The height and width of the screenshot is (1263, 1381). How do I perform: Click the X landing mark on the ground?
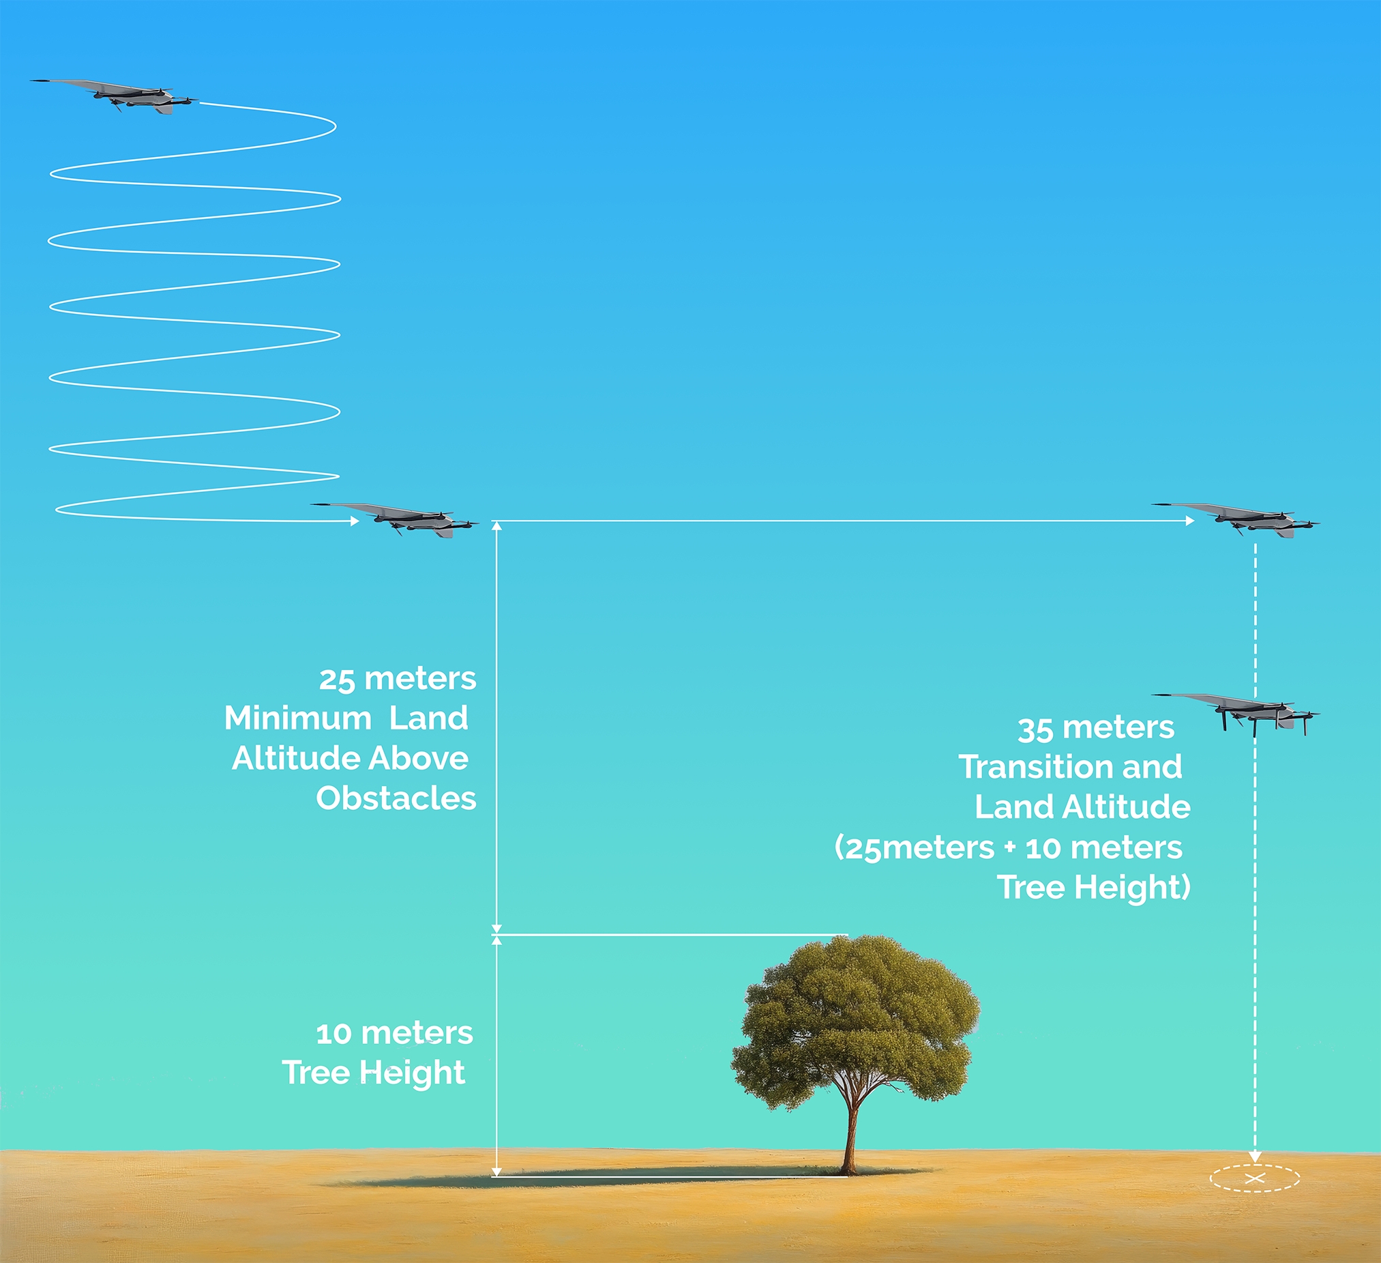click(x=1254, y=1178)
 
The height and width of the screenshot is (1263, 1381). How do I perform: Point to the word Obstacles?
click(x=396, y=798)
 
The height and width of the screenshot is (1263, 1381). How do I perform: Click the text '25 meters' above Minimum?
click(x=398, y=679)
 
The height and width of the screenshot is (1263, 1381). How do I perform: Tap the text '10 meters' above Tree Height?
click(x=394, y=1034)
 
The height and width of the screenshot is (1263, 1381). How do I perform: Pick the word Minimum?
click(x=298, y=718)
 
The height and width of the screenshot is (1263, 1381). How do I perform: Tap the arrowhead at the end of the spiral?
click(x=354, y=521)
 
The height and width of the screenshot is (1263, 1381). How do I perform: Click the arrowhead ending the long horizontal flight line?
click(x=1190, y=521)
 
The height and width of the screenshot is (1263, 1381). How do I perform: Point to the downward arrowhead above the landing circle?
click(x=1255, y=1157)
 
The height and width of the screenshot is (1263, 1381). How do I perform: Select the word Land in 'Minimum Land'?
click(x=429, y=718)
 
